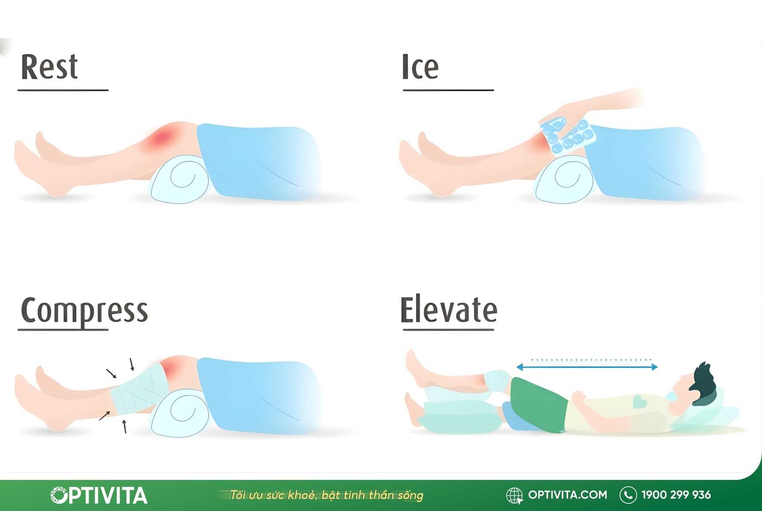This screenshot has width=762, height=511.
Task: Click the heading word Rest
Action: [49, 67]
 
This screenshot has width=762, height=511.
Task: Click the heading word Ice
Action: [420, 67]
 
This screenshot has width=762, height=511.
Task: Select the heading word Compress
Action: [84, 311]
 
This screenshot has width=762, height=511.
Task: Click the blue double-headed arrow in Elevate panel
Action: [587, 367]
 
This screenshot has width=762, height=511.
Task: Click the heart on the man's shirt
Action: [639, 401]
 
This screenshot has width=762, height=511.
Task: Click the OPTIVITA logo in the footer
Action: [99, 495]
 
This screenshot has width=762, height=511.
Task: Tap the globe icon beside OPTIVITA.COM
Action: [514, 495]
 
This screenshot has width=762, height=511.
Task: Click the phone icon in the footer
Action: [628, 495]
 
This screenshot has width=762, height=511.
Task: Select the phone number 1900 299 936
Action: [676, 495]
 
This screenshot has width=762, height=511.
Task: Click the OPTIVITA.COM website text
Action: [568, 495]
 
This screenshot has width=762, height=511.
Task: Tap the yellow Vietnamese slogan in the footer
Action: [326, 495]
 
